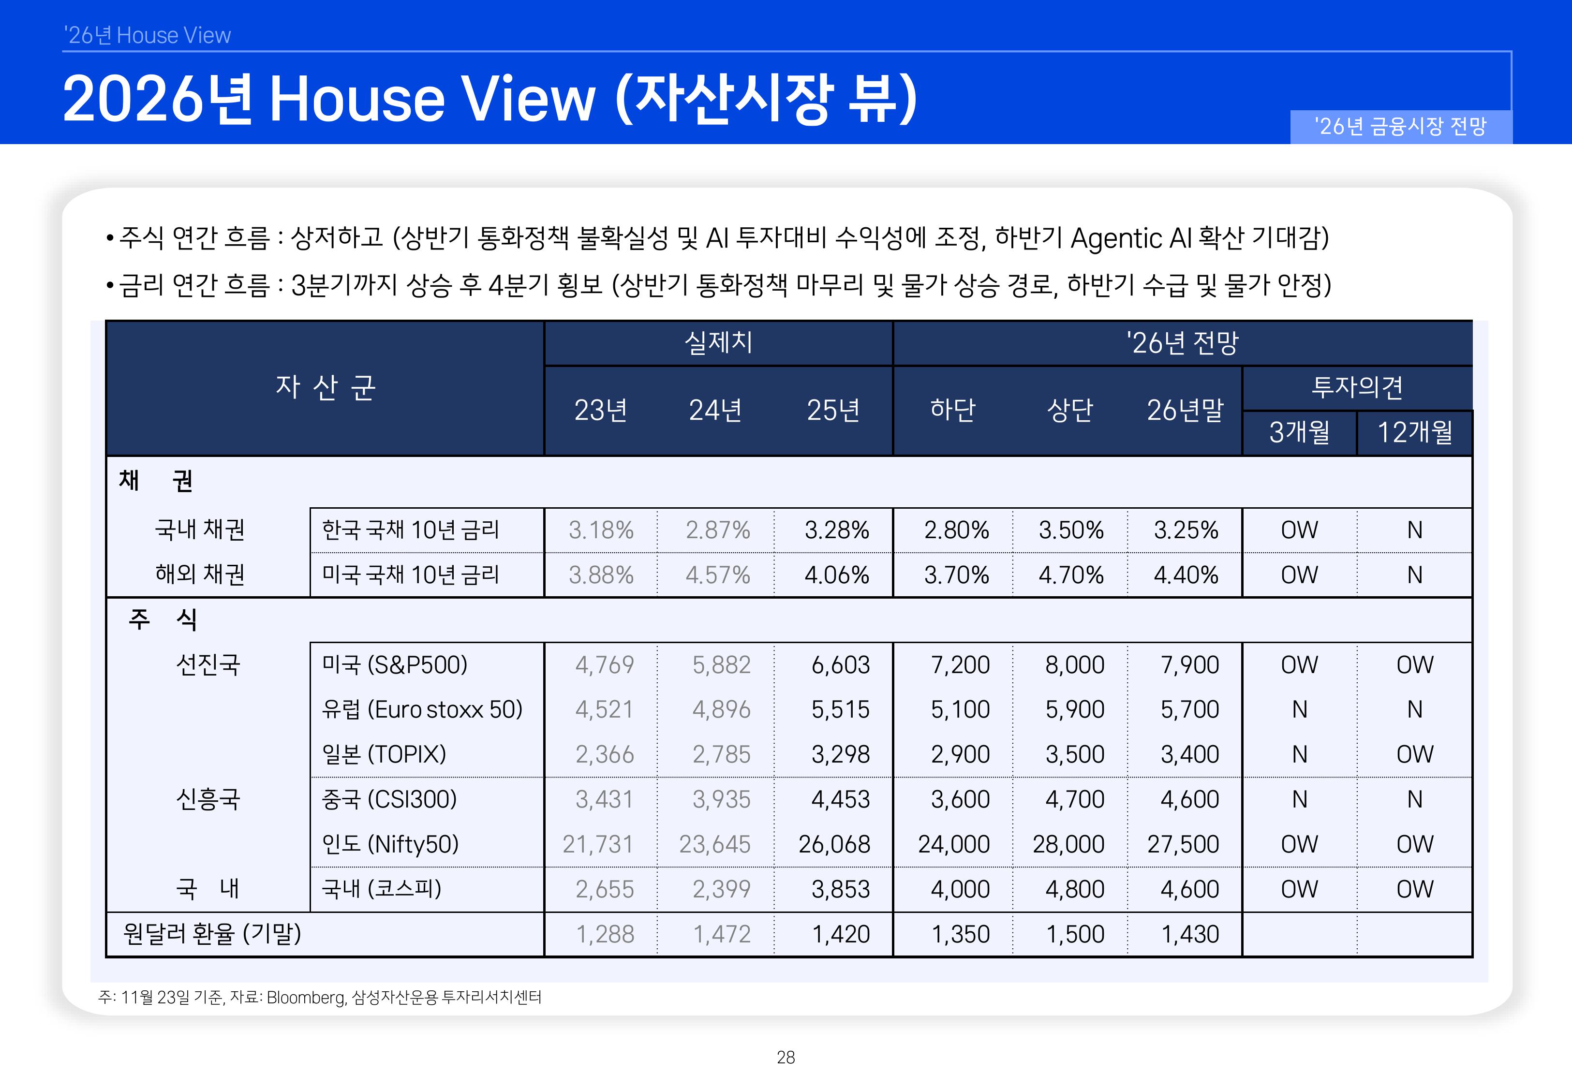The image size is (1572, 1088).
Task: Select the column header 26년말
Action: coord(1185,410)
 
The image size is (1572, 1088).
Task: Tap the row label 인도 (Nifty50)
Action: coord(390,844)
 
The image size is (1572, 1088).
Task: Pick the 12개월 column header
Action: coord(1414,432)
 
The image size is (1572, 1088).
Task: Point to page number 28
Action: coord(786,1058)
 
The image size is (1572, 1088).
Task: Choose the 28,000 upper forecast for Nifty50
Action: coord(1068,844)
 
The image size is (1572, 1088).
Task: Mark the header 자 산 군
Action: coord(325,387)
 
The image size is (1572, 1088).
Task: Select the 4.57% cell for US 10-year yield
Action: coord(717,574)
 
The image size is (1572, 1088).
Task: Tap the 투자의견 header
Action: coord(1357,387)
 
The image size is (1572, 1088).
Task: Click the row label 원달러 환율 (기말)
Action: coord(212,933)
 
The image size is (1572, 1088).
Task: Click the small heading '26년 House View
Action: coord(147,35)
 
